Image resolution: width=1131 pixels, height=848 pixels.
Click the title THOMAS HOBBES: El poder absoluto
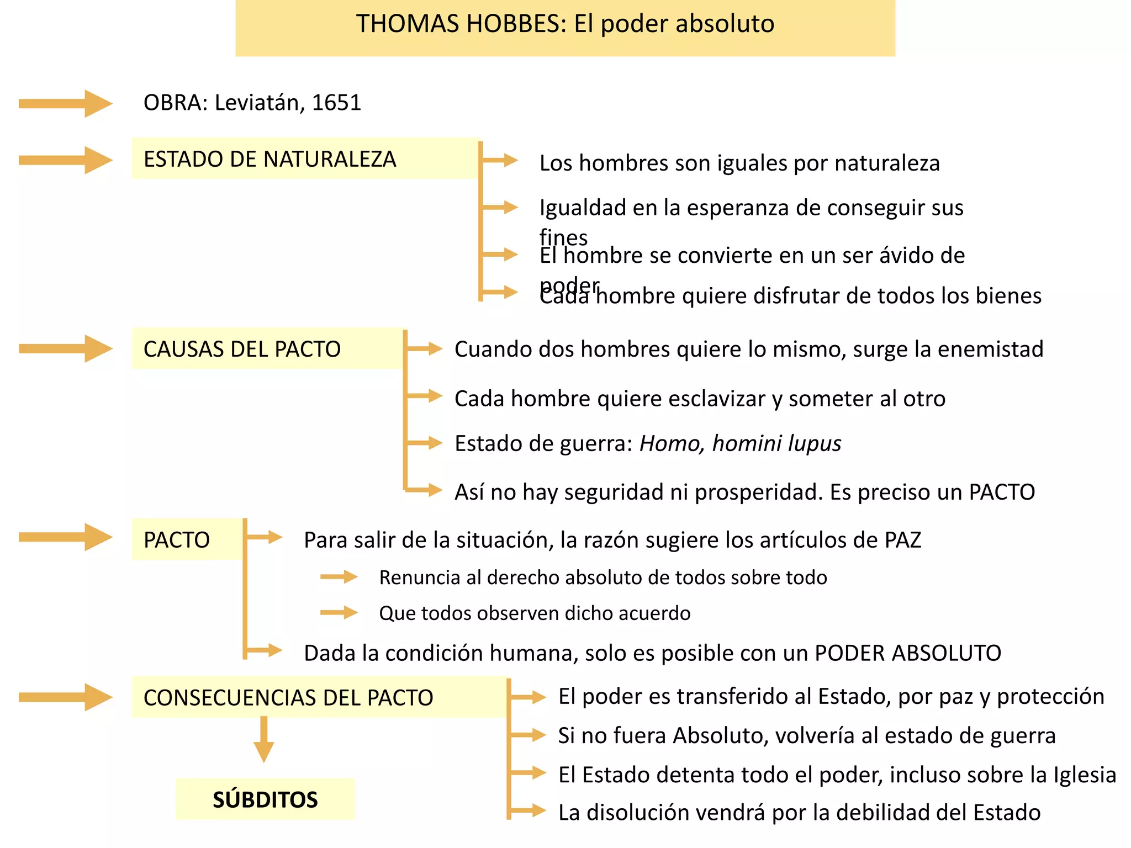click(x=565, y=24)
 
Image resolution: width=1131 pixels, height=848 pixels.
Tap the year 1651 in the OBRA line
click(x=336, y=103)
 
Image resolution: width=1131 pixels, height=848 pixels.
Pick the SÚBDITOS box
click(x=265, y=799)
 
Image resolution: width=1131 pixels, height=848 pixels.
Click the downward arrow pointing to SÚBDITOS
click(x=264, y=740)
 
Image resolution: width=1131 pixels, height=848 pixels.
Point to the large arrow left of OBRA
click(x=65, y=103)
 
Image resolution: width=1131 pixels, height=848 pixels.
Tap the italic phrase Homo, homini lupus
click(x=740, y=443)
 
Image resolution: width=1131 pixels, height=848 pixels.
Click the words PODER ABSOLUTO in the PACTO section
click(x=908, y=653)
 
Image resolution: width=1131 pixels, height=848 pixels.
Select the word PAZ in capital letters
click(x=903, y=540)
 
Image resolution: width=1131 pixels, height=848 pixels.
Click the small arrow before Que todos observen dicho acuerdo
click(x=339, y=613)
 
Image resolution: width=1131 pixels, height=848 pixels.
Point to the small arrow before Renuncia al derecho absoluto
click(x=339, y=577)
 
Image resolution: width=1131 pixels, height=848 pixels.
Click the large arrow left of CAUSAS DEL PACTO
click(x=65, y=348)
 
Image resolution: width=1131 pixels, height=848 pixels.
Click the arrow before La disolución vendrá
click(x=528, y=811)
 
